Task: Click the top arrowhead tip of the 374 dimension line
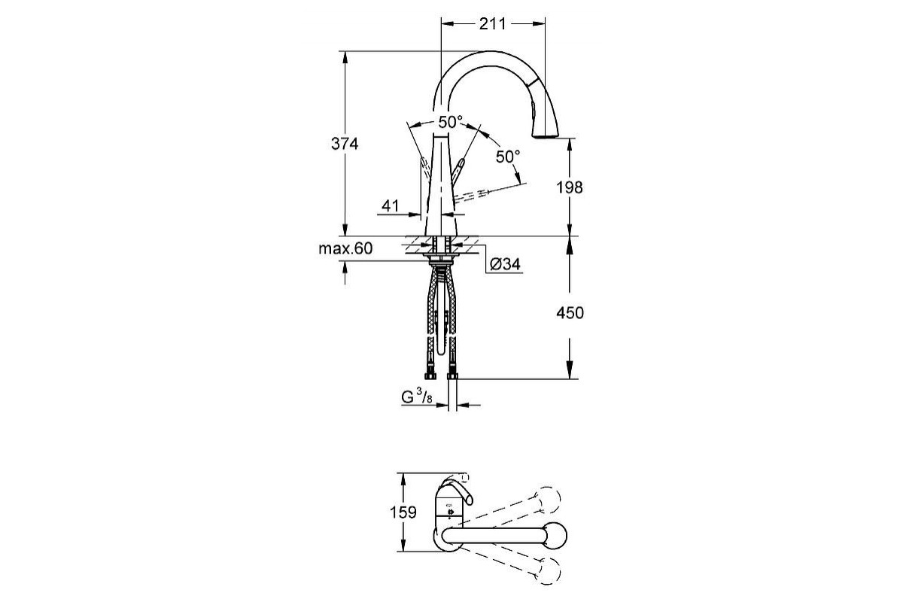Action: (345, 52)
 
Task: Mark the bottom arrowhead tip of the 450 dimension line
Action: (569, 379)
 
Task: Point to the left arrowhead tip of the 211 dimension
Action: (442, 24)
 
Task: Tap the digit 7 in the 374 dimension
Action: (345, 144)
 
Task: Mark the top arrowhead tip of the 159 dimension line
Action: (403, 473)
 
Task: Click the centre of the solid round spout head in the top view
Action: (555, 536)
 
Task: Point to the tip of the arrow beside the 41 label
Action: (421, 214)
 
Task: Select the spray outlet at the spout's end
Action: (546, 137)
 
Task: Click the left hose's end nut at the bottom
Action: (430, 375)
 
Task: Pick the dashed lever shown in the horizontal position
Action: (472, 194)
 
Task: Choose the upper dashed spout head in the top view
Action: (547, 500)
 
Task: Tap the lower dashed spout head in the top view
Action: (548, 571)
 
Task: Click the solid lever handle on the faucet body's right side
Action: (458, 172)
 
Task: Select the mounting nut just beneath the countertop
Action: (442, 261)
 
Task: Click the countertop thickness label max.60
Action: (345, 248)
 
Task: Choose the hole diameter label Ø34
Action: (505, 264)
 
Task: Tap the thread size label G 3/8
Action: (417, 397)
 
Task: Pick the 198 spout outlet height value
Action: (569, 187)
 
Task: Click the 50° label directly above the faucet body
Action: (450, 122)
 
